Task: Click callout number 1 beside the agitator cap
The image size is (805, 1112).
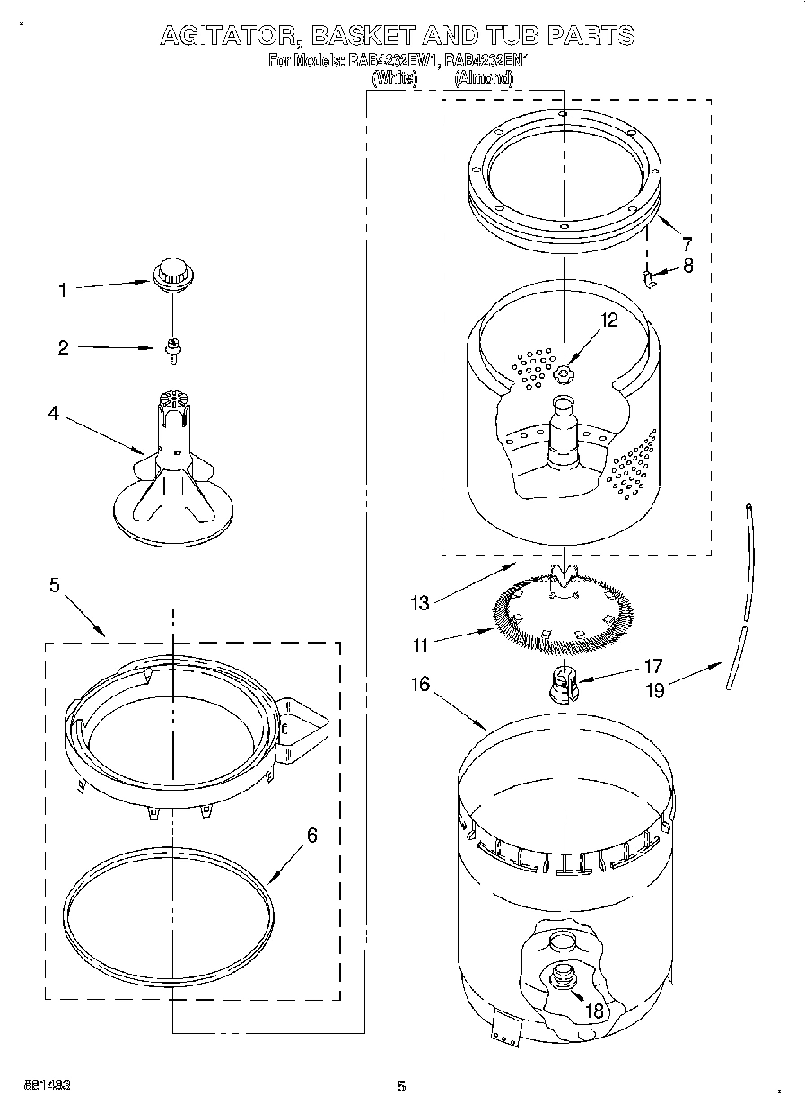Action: point(62,289)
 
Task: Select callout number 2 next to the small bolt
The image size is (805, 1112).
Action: point(63,348)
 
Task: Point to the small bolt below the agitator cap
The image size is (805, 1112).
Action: point(171,350)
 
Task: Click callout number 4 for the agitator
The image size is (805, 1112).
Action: point(54,414)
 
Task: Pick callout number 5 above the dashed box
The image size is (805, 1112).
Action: point(55,585)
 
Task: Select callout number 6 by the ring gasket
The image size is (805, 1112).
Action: point(311,836)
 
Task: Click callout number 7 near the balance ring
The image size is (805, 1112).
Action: point(687,242)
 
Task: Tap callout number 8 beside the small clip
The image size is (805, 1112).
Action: point(687,266)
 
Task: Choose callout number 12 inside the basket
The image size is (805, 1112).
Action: point(609,320)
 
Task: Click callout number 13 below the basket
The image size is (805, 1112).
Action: point(420,602)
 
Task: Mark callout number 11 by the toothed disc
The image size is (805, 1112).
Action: point(419,644)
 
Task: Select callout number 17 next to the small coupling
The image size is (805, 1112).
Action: point(652,666)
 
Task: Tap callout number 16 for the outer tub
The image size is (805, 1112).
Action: point(420,685)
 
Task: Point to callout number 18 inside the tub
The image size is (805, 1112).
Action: point(594,1011)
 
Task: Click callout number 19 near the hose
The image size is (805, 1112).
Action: point(655,691)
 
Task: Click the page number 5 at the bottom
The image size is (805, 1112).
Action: point(402,1087)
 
